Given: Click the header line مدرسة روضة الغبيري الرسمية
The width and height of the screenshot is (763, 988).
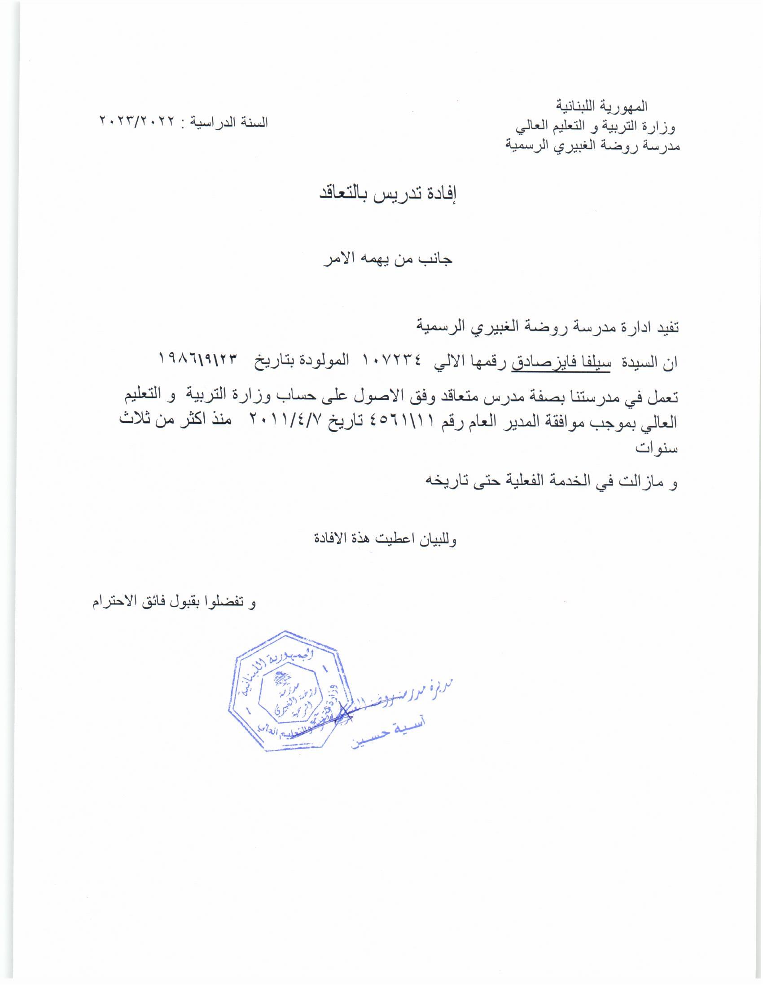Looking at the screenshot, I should (592, 146).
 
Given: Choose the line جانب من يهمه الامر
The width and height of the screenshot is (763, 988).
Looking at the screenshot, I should (388, 260).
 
